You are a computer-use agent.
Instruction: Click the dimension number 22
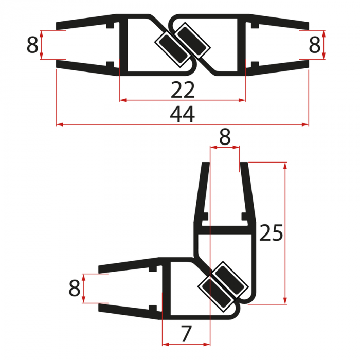183,91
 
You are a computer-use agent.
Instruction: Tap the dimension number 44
183,115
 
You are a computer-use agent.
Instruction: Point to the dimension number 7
186,334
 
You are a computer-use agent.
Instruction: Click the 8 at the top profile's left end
32,46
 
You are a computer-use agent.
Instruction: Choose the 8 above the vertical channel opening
225,137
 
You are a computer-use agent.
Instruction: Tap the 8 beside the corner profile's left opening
75,288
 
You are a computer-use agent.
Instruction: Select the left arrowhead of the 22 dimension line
122,100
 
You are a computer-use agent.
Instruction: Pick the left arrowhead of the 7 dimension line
165,343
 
